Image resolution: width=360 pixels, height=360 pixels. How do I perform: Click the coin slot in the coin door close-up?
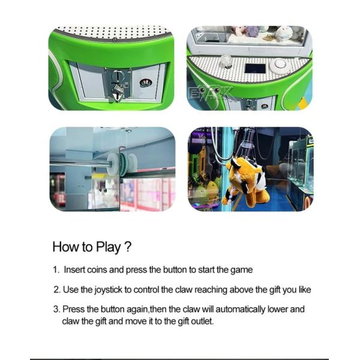click(117, 76)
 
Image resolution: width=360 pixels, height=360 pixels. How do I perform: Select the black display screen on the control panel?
click(255, 68)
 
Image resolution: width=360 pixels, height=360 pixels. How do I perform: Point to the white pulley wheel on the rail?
click(113, 164)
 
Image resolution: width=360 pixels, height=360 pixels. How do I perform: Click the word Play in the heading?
click(109, 247)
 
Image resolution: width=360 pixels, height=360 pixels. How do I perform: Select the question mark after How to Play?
click(128, 247)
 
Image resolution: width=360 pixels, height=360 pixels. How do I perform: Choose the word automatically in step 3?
click(240, 310)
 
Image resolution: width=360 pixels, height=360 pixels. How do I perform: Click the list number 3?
click(56, 309)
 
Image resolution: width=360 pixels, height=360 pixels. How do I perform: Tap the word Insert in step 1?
click(74, 270)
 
